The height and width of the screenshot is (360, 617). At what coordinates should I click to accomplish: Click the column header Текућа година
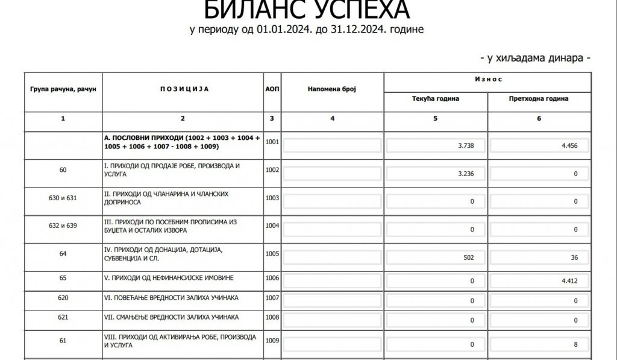pos(436,99)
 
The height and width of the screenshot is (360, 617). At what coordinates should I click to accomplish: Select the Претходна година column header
pos(539,99)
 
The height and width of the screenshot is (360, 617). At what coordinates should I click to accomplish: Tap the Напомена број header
pos(332,89)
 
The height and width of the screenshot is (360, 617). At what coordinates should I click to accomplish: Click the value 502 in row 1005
pos(465,257)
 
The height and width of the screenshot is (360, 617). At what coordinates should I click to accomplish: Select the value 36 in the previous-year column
pos(574,257)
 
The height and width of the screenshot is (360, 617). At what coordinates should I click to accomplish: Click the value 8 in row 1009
pos(575,345)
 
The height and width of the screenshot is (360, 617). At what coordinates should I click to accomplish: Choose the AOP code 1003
pos(272,197)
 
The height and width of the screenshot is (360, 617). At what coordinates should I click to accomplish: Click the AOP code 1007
pos(272,298)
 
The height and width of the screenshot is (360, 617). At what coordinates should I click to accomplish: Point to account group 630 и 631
pos(63,197)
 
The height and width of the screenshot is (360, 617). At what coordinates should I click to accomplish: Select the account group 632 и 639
pos(63,226)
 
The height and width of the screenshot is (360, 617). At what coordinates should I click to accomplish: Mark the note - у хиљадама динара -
pos(534,58)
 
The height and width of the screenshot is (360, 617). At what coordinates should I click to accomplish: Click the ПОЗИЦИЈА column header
pos(183,89)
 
